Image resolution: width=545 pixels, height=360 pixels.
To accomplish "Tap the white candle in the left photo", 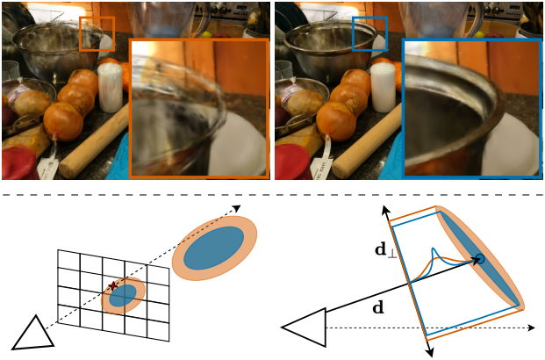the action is pyautogui.click(x=111, y=87).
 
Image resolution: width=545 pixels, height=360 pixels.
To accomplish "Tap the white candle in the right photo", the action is pyautogui.click(x=384, y=87).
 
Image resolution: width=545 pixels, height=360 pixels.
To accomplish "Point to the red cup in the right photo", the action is pyautogui.click(x=291, y=162).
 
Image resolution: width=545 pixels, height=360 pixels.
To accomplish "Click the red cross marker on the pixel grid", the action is pyautogui.click(x=112, y=286).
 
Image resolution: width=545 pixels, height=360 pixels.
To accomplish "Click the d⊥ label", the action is pyautogui.click(x=385, y=250).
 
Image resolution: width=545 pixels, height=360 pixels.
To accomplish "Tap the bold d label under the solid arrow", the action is pyautogui.click(x=378, y=308).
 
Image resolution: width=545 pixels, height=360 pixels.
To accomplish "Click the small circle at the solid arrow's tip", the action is pyautogui.click(x=480, y=258).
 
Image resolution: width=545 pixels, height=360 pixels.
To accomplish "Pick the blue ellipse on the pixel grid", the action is pyautogui.click(x=123, y=295).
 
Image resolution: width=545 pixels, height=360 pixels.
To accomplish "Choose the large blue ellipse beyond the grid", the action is pyautogui.click(x=214, y=248).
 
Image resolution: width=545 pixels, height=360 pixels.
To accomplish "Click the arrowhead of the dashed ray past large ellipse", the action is pyautogui.click(x=237, y=208).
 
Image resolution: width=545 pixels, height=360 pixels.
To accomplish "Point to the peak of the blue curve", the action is pyautogui.click(x=433, y=248).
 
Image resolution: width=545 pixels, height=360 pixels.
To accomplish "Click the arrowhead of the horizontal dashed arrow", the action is pyautogui.click(x=531, y=328).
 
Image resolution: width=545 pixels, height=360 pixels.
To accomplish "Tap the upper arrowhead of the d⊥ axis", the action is pyautogui.click(x=385, y=209).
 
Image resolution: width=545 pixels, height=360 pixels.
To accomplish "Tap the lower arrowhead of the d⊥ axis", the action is pyautogui.click(x=430, y=352).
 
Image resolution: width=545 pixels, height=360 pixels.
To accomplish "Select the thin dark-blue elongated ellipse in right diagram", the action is pyautogui.click(x=481, y=258).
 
